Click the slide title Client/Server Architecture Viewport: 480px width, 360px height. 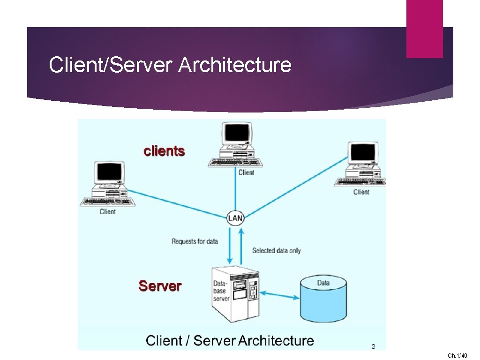pos(170,65)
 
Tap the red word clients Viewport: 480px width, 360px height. pos(164,151)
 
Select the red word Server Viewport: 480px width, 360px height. pos(160,286)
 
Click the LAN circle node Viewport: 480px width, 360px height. pos(235,218)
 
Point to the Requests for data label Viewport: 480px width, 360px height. pos(195,241)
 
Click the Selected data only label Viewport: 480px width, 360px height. pos(276,250)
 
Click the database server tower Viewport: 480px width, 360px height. pos(235,293)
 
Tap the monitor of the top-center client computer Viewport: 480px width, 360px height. pos(237,134)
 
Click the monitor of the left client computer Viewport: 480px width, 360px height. pos(109,172)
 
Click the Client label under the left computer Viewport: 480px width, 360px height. pos(107,212)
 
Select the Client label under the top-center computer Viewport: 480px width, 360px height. pos(246,172)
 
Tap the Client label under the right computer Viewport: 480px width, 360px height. pos(361,192)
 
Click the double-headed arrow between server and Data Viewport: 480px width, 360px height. pos(280,294)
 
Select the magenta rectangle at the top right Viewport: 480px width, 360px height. pos(424,29)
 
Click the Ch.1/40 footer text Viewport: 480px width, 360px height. pos(457,356)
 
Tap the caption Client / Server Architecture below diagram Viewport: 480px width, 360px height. pos(230,340)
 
